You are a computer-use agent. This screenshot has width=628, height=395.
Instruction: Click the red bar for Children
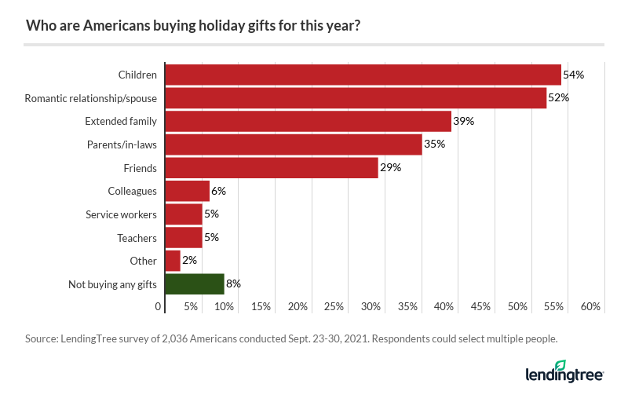pyautogui.click(x=363, y=75)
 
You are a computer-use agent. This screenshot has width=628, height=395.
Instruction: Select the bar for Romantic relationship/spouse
pyautogui.click(x=356, y=98)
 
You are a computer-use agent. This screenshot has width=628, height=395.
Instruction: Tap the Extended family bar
pyautogui.click(x=308, y=122)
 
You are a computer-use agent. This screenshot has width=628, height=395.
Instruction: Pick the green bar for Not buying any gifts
pyautogui.click(x=195, y=283)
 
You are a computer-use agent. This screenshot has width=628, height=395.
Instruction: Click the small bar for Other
pyautogui.click(x=173, y=261)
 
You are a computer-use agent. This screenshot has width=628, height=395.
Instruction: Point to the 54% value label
pyautogui.click(x=574, y=75)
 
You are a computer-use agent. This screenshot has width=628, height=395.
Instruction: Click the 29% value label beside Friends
pyautogui.click(x=391, y=168)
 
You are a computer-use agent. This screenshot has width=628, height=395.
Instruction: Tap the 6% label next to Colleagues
pyautogui.click(x=220, y=191)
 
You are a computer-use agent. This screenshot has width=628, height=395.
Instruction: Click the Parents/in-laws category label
pyautogui.click(x=122, y=144)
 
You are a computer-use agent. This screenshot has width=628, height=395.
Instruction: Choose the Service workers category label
pyautogui.click(x=121, y=214)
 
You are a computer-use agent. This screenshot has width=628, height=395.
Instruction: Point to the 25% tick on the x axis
pyautogui.click(x=334, y=306)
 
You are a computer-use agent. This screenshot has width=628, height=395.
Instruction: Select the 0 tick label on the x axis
pyautogui.click(x=159, y=306)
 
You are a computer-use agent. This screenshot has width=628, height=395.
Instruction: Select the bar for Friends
pyautogui.click(x=272, y=168)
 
